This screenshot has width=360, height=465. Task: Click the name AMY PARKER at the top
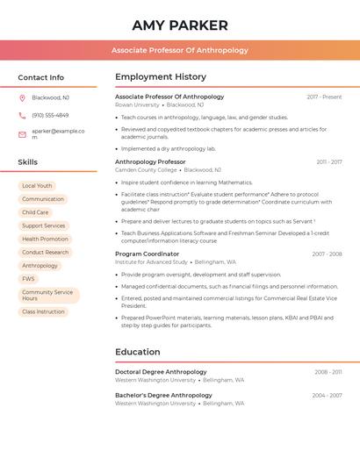[180, 25]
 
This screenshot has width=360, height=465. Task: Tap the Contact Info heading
[41, 77]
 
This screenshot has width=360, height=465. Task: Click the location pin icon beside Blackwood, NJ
[23, 97]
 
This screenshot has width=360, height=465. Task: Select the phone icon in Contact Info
[23, 115]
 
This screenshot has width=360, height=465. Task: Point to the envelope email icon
[23, 134]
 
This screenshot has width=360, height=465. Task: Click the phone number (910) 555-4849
[50, 115]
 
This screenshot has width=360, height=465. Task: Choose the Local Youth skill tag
[37, 186]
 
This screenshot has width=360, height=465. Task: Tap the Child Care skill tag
[35, 212]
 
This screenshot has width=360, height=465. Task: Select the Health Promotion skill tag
[45, 239]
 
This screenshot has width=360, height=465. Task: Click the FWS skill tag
[29, 279]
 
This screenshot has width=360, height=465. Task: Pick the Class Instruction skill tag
[43, 311]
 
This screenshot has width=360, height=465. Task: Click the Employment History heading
[161, 77]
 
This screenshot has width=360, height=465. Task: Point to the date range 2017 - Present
[324, 97]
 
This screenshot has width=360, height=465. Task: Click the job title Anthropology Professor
[150, 161]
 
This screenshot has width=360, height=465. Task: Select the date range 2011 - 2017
[329, 161]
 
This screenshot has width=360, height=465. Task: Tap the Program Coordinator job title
[147, 254]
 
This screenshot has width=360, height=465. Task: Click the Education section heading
[138, 352]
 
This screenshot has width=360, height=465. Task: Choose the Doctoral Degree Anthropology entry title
[161, 372]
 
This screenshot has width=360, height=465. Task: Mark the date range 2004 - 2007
[328, 396]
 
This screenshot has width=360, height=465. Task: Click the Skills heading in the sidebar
[28, 162]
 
